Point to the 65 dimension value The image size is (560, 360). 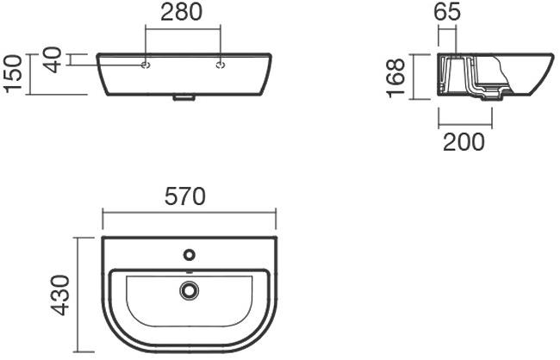447,12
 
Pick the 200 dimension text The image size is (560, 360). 464,141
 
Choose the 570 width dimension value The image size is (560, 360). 186,196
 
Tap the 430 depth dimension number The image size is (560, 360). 60,295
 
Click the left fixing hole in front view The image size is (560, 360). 146,64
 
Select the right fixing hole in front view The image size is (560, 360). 221,64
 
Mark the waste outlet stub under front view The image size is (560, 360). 184,99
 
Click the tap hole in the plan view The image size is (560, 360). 189,255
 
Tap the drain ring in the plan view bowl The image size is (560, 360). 189,291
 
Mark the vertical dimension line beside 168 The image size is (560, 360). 414,77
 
